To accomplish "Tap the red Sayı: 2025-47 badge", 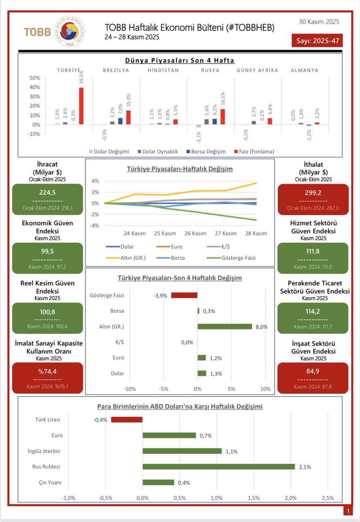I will point(317,41).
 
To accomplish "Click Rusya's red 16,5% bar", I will point(222,117).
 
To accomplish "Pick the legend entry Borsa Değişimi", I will point(206,151).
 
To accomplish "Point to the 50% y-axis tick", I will point(34,78).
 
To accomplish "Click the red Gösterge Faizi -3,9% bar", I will point(184,295).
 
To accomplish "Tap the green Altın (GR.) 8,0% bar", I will point(225,327).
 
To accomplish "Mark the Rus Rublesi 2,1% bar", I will point(219,466).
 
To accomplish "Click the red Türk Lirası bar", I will point(127,420).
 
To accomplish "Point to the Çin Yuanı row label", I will point(49,482).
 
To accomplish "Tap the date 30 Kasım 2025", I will point(319,22).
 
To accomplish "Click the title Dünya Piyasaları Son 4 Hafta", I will point(180,60).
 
